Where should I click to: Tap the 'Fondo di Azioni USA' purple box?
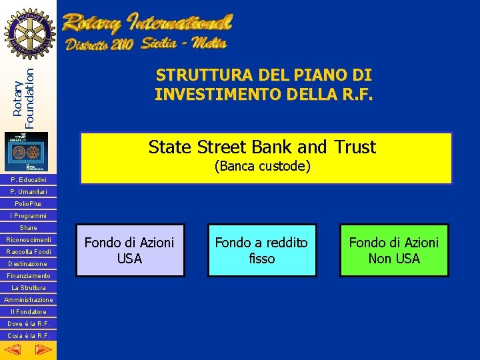click(x=129, y=251)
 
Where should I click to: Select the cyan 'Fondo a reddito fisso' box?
click(x=261, y=251)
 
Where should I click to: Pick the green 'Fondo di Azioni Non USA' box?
click(x=394, y=251)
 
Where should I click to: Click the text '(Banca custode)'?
click(x=262, y=166)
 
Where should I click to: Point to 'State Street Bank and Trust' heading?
click(x=262, y=147)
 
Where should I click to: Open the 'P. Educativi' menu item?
click(x=28, y=180)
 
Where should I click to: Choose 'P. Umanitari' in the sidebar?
click(x=28, y=192)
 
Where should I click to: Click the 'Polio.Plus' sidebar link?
click(x=28, y=204)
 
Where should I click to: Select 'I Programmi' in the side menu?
click(x=28, y=216)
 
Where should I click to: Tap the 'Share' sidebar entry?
click(x=28, y=228)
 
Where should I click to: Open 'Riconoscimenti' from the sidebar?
click(x=28, y=240)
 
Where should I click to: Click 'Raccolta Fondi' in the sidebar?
click(x=28, y=252)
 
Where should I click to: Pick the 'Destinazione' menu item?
click(x=28, y=264)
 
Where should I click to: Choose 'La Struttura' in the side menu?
click(x=28, y=288)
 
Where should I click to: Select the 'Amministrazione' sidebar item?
click(x=28, y=300)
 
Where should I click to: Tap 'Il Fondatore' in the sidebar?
click(x=28, y=312)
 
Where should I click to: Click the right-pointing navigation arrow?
click(x=42, y=349)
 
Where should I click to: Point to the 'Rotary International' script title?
click(x=147, y=25)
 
